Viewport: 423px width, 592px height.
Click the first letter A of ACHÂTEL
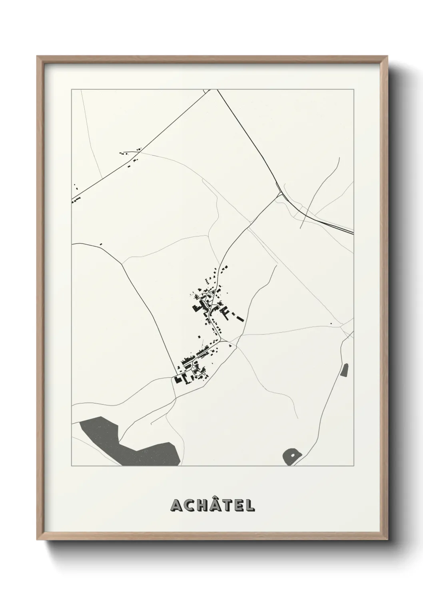(176, 506)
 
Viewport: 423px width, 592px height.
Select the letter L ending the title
(250, 506)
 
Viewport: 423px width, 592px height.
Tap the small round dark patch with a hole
(291, 456)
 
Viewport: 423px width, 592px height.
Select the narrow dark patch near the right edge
(344, 370)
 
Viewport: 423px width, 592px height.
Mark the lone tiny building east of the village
(331, 324)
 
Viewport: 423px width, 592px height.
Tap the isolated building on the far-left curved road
(101, 244)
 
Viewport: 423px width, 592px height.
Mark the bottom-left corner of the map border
(72, 466)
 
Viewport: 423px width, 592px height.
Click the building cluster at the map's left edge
(76, 199)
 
